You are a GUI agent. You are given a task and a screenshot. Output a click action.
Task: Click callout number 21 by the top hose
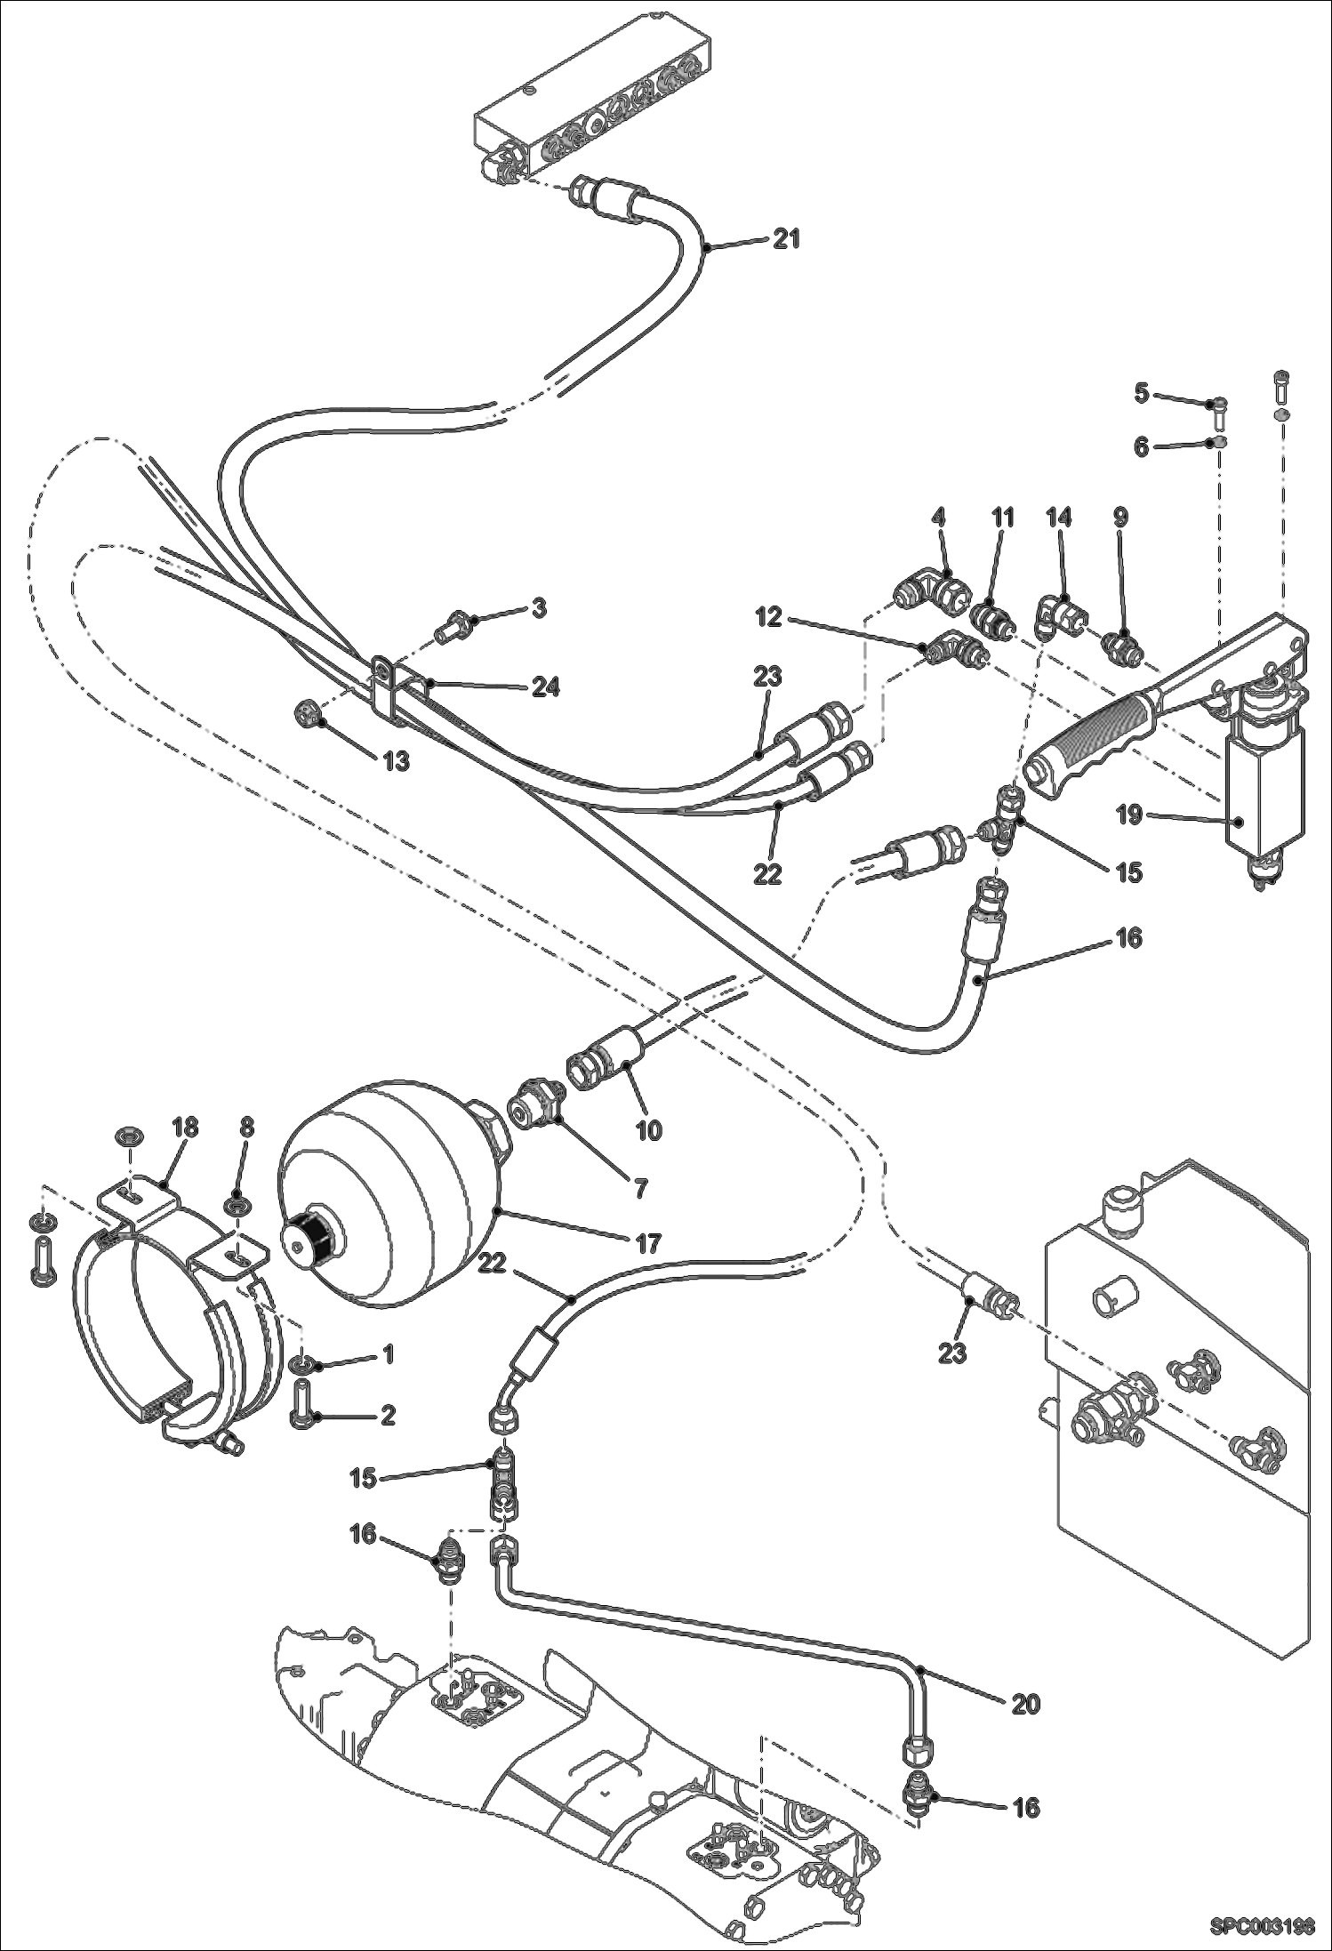click(x=786, y=238)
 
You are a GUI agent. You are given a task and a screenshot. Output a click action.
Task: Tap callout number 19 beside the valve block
click(x=1129, y=815)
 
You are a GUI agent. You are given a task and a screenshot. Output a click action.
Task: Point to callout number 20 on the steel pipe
click(x=1026, y=1704)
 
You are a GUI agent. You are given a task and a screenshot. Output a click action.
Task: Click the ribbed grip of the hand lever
click(x=1092, y=737)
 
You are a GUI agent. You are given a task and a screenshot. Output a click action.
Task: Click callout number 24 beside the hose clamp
click(x=546, y=686)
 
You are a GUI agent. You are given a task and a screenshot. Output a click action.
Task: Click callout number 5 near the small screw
click(x=1142, y=392)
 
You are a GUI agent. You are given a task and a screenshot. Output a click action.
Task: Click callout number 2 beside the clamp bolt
click(x=388, y=1416)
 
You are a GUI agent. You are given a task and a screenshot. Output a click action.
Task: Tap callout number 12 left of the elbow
click(x=770, y=617)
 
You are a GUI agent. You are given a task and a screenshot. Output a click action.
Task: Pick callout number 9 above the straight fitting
click(x=1120, y=518)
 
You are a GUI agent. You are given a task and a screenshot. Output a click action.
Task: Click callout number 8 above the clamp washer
click(x=246, y=1128)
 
